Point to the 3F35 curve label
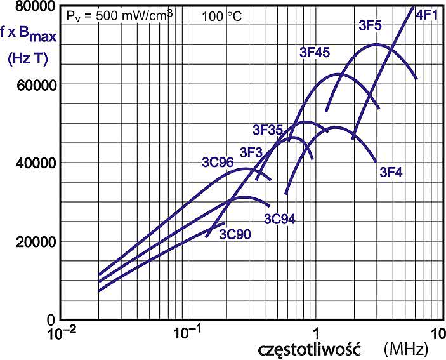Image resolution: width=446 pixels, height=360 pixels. [x=267, y=130]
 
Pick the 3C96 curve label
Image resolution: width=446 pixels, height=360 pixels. [x=218, y=162]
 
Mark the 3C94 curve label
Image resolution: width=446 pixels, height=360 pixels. [x=280, y=220]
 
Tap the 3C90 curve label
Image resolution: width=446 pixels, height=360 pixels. [x=235, y=235]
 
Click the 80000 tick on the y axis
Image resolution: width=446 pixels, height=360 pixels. [x=32, y=6]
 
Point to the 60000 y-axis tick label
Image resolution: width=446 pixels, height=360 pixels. [x=32, y=85]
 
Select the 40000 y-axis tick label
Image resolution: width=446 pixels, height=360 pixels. [x=32, y=163]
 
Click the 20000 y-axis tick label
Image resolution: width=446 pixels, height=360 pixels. [x=32, y=241]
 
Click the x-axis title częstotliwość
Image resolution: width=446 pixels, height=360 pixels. [x=309, y=349]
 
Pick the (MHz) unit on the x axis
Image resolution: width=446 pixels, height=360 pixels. [x=406, y=349]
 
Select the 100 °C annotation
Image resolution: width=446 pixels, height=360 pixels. [x=222, y=15]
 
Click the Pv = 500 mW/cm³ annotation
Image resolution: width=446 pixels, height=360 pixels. [x=121, y=15]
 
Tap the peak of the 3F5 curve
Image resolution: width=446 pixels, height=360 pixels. [x=376, y=44]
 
